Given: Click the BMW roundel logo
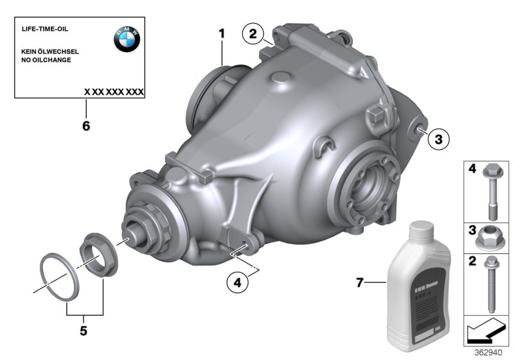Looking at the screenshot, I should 127,40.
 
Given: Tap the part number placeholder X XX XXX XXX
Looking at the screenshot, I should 114,92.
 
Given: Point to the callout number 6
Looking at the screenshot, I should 85,126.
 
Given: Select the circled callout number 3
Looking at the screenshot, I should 438,138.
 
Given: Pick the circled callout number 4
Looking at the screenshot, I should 238,283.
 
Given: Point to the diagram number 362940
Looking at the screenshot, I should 488,352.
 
